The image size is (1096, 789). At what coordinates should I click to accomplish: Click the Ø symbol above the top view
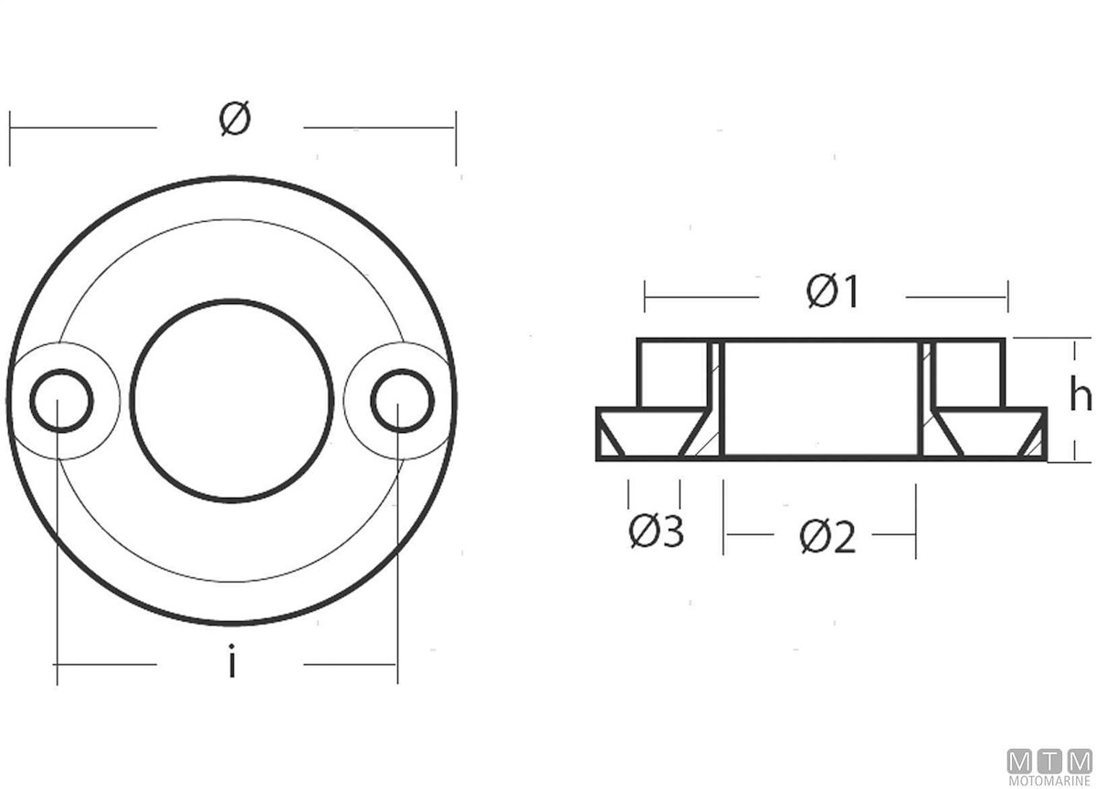[x=235, y=119]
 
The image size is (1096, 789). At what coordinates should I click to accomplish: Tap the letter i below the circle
[x=232, y=660]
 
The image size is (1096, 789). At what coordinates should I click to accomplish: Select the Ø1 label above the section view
[x=832, y=292]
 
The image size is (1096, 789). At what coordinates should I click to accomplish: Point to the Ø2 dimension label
[x=827, y=537]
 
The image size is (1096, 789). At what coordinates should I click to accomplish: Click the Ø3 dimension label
[x=656, y=531]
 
